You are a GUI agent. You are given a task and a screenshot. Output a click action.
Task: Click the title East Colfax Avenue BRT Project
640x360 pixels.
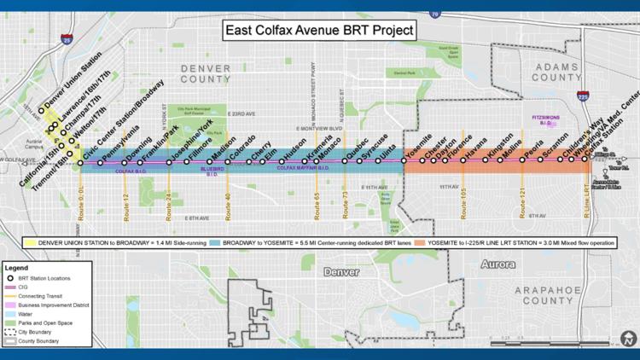pyautogui.click(x=318, y=31)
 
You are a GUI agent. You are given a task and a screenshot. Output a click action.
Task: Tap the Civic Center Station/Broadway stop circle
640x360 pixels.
pyautogui.click(x=81, y=162)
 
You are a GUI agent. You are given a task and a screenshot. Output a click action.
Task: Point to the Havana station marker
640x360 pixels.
pyautogui.click(x=468, y=160)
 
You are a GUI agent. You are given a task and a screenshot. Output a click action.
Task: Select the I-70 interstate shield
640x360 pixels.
pyautogui.click(x=434, y=15)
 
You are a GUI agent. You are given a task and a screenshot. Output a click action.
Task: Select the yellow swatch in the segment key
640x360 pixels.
pyautogui.click(x=31, y=229)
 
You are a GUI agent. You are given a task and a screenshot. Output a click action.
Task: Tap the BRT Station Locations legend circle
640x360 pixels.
pyautogui.click(x=14, y=278)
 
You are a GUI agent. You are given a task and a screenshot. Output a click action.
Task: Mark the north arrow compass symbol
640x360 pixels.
pyautogui.click(x=628, y=340)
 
